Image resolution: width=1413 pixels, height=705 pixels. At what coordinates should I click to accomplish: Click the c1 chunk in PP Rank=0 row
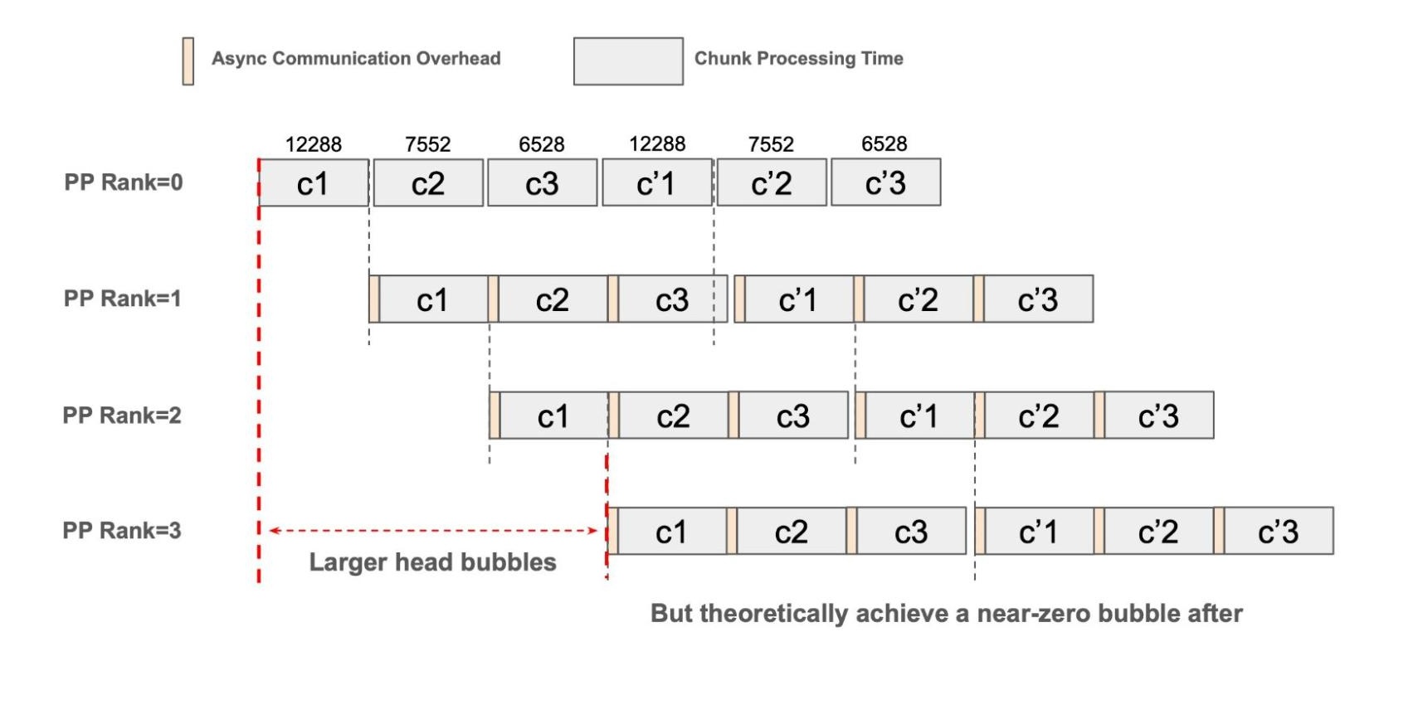(314, 183)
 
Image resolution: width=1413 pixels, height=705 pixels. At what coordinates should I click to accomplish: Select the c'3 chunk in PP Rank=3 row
(1279, 532)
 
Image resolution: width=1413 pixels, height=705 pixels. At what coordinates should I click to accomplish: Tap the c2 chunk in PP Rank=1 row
(553, 299)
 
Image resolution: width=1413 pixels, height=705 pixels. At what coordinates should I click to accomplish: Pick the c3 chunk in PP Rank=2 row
(793, 416)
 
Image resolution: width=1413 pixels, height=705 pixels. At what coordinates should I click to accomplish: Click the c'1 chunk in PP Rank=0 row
(656, 183)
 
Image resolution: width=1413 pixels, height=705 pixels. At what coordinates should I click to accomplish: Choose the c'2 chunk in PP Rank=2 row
(1039, 416)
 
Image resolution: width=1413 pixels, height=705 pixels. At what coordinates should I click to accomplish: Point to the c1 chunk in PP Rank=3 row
(671, 532)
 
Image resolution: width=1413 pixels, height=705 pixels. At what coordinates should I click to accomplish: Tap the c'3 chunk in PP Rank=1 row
(1038, 299)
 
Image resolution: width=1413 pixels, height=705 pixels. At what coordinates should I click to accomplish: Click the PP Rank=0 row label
(124, 182)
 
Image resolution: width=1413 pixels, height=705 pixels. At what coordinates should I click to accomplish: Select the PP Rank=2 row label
(122, 415)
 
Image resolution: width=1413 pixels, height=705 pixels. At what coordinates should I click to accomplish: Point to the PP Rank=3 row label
(122, 531)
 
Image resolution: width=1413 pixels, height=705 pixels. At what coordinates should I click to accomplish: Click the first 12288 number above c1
(314, 144)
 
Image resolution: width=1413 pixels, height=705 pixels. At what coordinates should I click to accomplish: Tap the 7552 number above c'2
(771, 144)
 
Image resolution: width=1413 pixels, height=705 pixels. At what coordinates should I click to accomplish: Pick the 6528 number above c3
(542, 144)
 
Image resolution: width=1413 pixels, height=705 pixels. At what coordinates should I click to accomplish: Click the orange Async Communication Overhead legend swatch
(188, 61)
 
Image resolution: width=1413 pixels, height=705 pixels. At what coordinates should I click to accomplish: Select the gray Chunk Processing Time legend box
(628, 61)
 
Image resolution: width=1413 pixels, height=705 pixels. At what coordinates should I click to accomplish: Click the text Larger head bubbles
(432, 562)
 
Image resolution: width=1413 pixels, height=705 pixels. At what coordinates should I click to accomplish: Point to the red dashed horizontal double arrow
(432, 531)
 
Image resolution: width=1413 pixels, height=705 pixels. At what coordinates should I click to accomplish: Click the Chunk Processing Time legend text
(798, 59)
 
